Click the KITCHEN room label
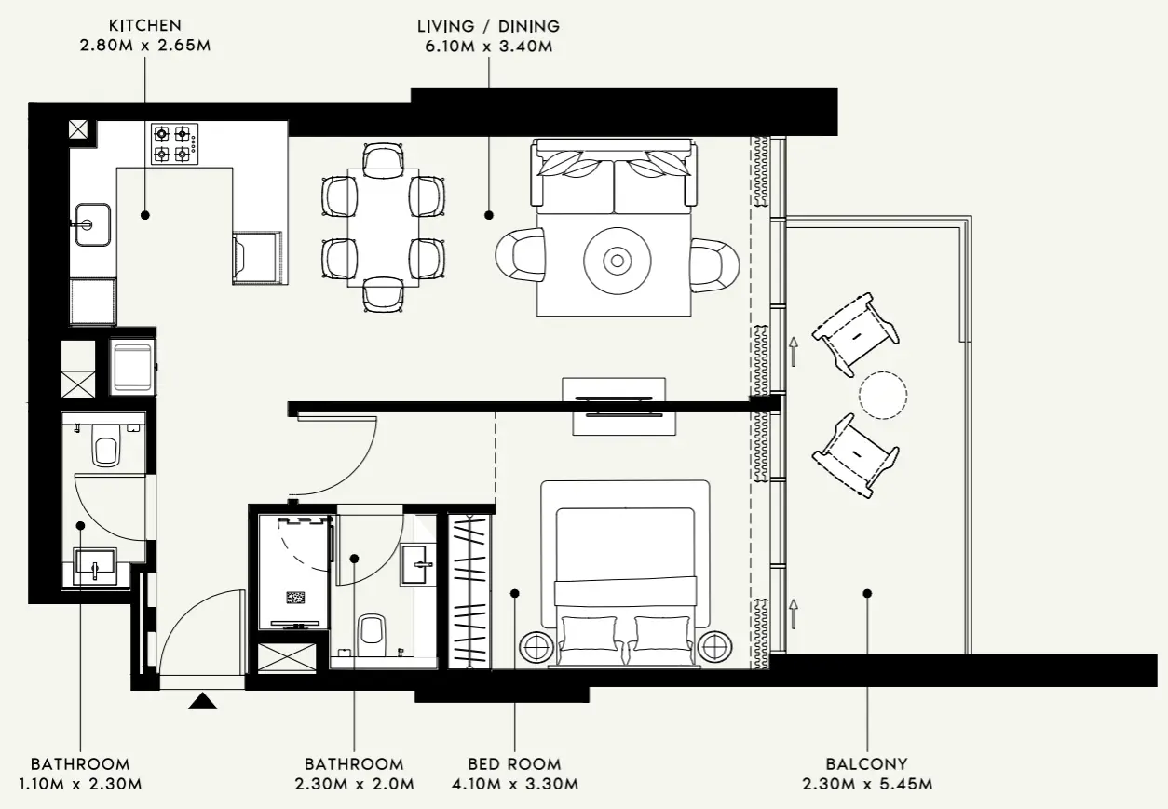(144, 26)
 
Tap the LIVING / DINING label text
(488, 26)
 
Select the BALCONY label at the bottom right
(866, 764)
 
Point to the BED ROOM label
(514, 764)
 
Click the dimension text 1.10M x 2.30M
(80, 785)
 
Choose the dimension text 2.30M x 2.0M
(354, 785)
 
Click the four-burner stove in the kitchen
(174, 143)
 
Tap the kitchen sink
(91, 224)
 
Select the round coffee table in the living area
(616, 261)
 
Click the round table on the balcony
(882, 395)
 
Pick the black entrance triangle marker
(202, 701)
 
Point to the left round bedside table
(536, 645)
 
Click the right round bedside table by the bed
(714, 645)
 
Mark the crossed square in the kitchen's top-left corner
(78, 129)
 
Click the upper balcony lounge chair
(855, 334)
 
